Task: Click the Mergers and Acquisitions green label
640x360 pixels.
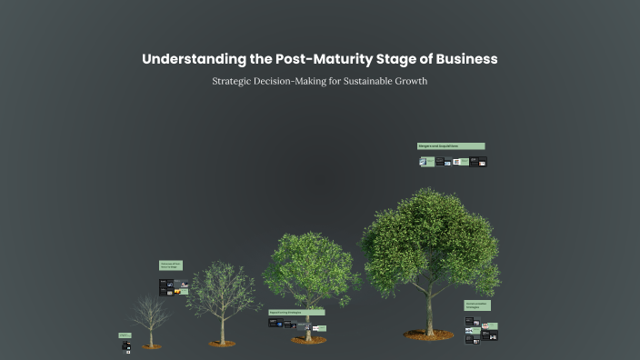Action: (x=451, y=145)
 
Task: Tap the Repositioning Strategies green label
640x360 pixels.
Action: (x=296, y=312)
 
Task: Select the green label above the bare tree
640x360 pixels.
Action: (x=171, y=265)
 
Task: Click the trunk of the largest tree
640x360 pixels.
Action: (x=429, y=309)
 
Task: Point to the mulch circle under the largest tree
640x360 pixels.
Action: (x=429, y=335)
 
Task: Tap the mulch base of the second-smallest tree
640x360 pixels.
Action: (x=222, y=344)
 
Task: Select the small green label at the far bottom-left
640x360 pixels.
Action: (x=125, y=335)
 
